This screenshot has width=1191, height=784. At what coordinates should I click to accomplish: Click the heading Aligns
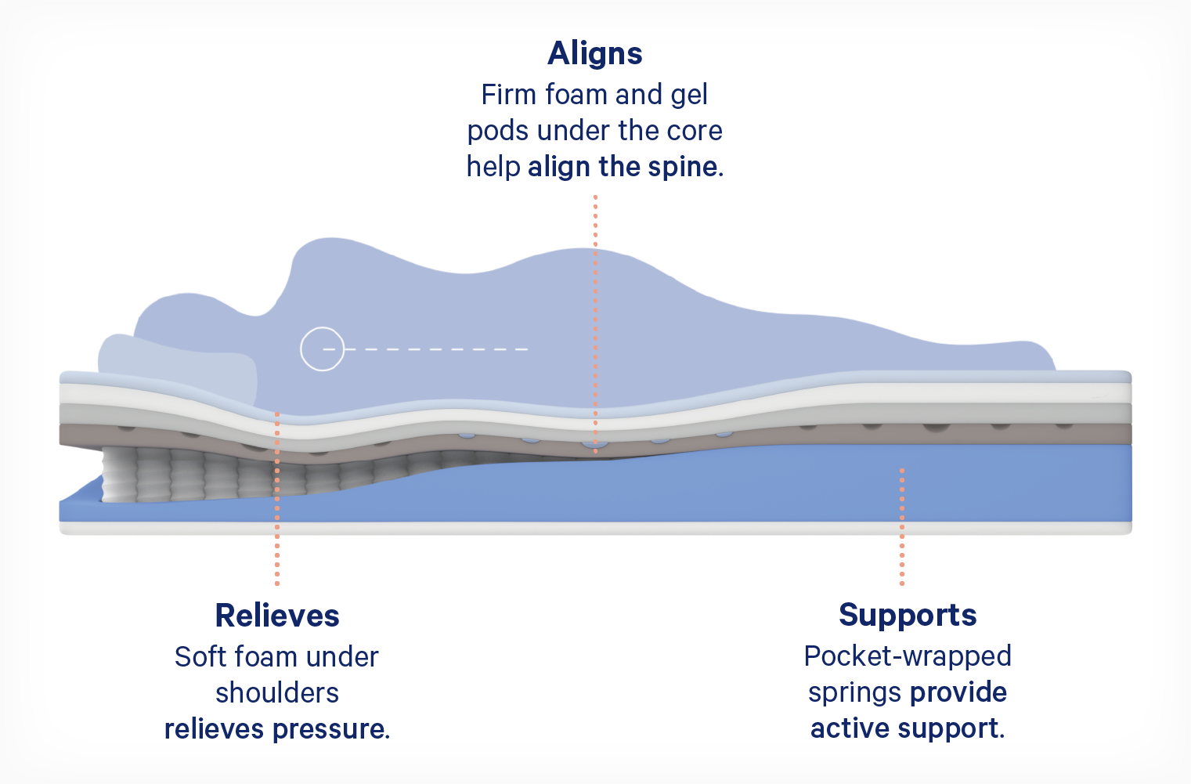point(595,54)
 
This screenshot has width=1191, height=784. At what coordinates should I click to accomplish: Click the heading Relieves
point(277,616)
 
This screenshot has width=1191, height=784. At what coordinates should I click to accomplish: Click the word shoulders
point(277,693)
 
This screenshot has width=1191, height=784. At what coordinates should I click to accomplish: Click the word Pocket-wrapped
point(908,657)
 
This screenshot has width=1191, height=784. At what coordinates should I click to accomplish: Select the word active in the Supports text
point(850,728)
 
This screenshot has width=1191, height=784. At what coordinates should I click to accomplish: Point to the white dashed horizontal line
point(426,349)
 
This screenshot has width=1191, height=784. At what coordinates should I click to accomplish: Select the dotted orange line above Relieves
point(277,499)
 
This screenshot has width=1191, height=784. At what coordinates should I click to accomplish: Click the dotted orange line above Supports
point(902,527)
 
